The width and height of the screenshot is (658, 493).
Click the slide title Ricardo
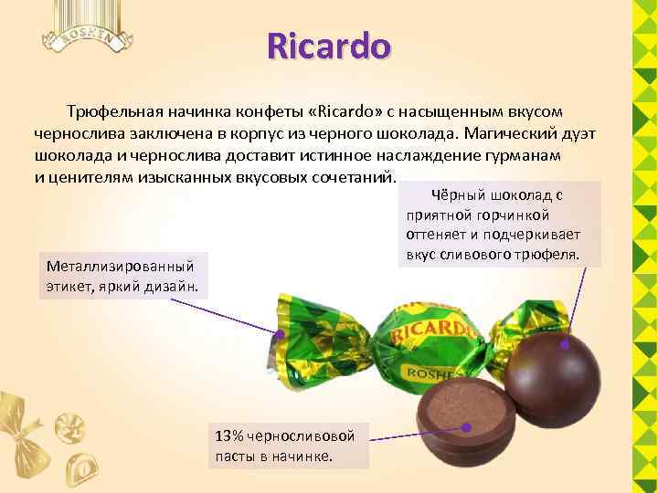(x=329, y=45)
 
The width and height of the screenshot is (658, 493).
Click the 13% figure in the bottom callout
(x=227, y=435)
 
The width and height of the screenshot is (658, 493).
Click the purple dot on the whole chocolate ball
(x=567, y=345)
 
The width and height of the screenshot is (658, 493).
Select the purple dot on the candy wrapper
(x=281, y=334)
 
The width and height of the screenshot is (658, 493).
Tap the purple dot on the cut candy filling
(x=467, y=426)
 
